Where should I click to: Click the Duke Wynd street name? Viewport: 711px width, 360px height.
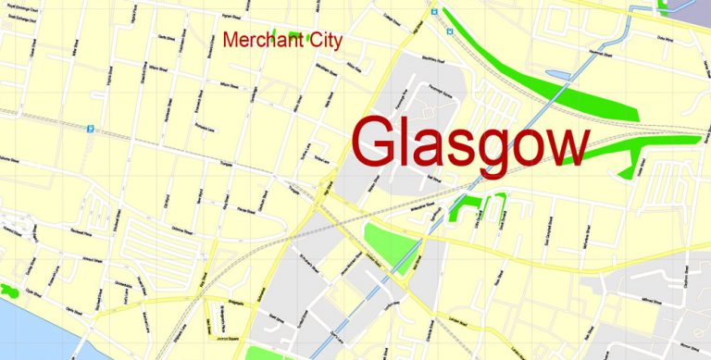(664, 39)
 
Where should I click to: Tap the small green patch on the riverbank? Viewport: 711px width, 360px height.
(10, 290)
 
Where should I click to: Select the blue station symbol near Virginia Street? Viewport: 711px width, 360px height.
(91, 130)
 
